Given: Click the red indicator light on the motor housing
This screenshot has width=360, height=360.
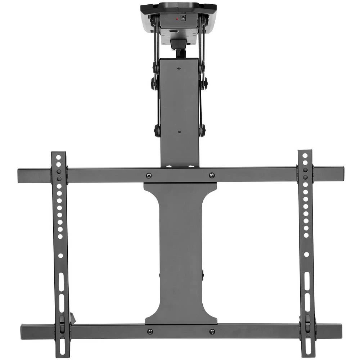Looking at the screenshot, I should point(176,18).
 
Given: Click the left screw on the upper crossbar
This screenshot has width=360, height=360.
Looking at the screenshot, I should point(149,176).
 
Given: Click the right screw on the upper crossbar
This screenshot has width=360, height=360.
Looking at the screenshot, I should point(212,176).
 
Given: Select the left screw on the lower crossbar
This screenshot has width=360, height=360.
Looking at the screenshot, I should point(150,331).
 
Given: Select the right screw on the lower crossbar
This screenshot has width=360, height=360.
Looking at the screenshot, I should point(212,331).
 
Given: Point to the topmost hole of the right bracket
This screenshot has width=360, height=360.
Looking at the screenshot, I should point(305,156).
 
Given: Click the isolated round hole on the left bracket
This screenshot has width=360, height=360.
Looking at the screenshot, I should point(60,255).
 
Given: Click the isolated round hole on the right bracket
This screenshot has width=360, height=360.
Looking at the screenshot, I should point(306,254).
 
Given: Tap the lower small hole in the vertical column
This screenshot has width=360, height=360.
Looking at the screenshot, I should point(179,132).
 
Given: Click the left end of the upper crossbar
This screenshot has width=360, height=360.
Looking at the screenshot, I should point(19,175).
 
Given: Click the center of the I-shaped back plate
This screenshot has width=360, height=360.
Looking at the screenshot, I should point(181,252).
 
